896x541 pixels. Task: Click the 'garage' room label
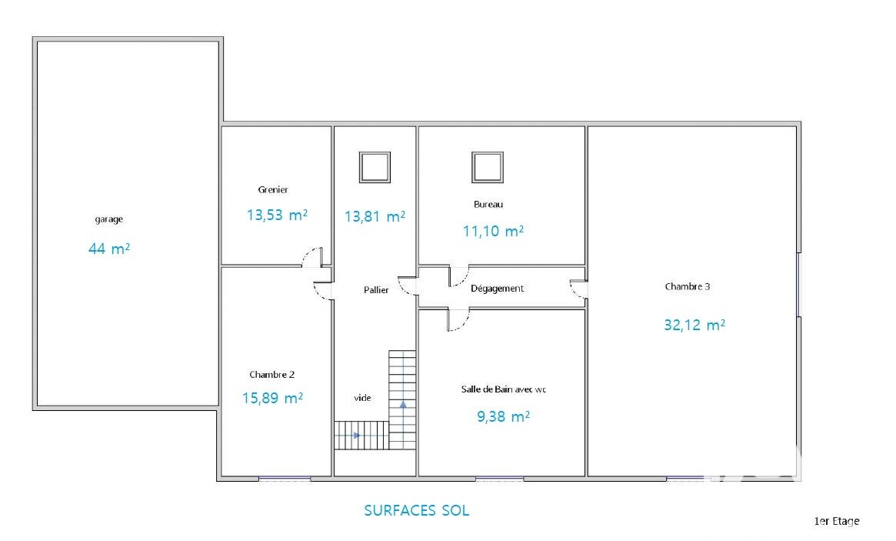[x=108, y=219]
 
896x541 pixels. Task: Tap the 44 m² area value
[x=109, y=249]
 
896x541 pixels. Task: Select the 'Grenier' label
[x=272, y=189]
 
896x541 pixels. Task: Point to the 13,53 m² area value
[x=277, y=215]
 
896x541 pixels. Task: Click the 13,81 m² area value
[x=375, y=217]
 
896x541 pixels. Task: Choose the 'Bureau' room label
[x=488, y=204]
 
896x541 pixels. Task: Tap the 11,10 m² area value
[x=493, y=231]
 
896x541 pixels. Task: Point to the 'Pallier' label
[x=376, y=290]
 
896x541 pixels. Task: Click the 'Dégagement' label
[x=497, y=289]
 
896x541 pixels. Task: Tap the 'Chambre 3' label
[x=688, y=286]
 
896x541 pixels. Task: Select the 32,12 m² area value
[x=694, y=325]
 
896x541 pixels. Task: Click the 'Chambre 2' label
[x=272, y=375]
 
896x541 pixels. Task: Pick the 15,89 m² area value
[x=272, y=398]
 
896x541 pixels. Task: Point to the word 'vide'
[x=362, y=398]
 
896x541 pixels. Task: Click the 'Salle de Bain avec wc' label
[x=504, y=389]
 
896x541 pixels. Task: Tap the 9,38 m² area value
[x=504, y=416]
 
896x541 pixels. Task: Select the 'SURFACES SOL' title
[x=417, y=510]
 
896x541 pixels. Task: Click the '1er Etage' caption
[x=837, y=521]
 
